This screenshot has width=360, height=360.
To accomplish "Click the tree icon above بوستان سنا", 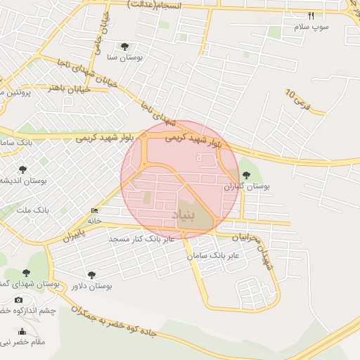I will (125, 46).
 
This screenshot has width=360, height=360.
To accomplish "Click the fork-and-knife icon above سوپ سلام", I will (311, 15).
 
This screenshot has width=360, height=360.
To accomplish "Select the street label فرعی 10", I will (307, 101).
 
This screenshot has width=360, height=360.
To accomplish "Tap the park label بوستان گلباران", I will (247, 187).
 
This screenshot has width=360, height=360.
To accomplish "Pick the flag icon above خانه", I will (95, 210).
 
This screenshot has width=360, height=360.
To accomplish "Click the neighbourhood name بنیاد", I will (181, 215).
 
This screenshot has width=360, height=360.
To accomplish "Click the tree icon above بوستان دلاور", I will (91, 275).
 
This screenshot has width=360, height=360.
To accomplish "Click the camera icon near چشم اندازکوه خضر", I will (18, 300).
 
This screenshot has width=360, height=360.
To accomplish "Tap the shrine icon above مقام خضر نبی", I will (22, 332).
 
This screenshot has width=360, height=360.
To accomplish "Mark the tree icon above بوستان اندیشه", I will (23, 169).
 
